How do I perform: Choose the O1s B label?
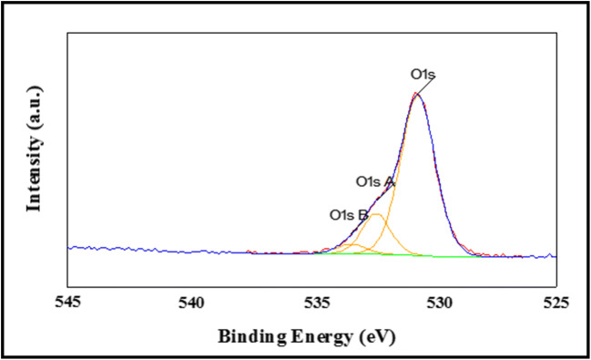click(348, 216)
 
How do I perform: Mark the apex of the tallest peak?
click(416, 93)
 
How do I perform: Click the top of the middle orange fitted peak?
click(375, 215)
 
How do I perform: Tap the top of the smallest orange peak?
click(353, 244)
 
